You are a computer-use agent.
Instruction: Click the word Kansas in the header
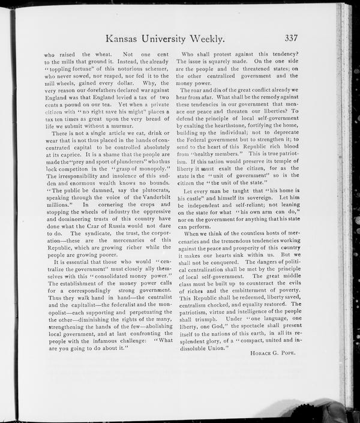125,38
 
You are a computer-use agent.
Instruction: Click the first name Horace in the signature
260,353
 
